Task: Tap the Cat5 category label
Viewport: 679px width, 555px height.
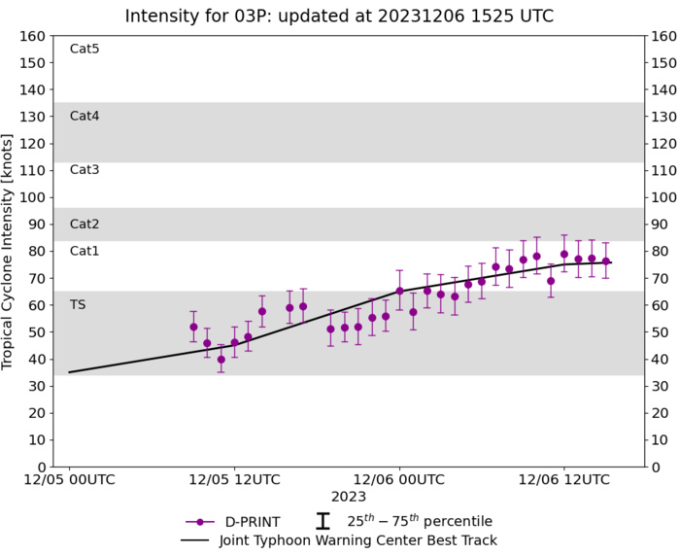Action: point(85,49)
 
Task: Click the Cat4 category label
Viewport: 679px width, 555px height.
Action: point(85,116)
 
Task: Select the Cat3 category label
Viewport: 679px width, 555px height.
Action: point(85,170)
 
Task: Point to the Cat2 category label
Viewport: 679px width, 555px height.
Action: point(85,224)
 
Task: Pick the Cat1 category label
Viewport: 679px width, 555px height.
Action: point(85,251)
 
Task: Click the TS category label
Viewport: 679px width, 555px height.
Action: point(78,304)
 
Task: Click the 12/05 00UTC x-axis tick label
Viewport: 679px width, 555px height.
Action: point(69,479)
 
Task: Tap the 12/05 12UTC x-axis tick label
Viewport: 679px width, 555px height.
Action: point(233,479)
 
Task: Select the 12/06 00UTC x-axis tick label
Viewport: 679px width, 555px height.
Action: point(398,479)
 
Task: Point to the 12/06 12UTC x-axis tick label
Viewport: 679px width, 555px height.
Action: point(562,479)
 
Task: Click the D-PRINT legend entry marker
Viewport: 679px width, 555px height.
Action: point(199,521)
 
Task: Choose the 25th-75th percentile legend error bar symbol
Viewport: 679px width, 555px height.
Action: point(323,521)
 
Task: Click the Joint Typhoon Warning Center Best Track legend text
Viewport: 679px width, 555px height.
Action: point(358,540)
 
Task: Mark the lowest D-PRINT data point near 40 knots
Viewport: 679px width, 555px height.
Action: point(221,359)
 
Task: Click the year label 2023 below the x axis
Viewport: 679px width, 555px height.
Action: point(349,497)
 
